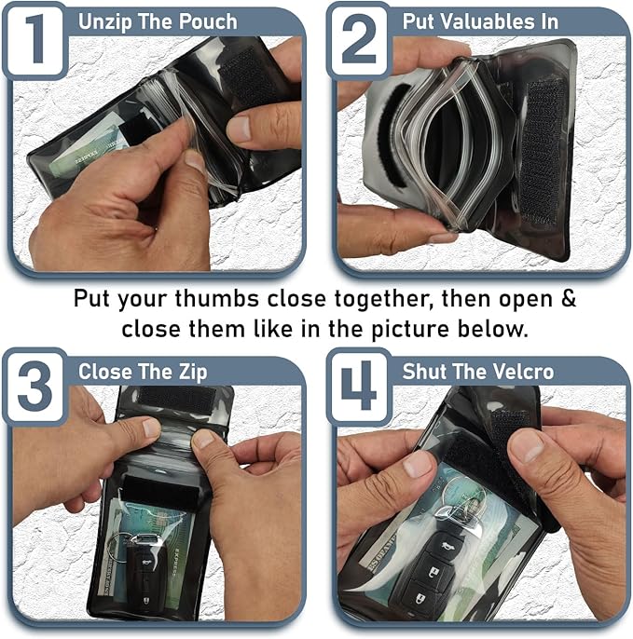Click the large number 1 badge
[34, 38]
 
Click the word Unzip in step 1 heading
[103, 20]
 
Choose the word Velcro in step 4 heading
[522, 371]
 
